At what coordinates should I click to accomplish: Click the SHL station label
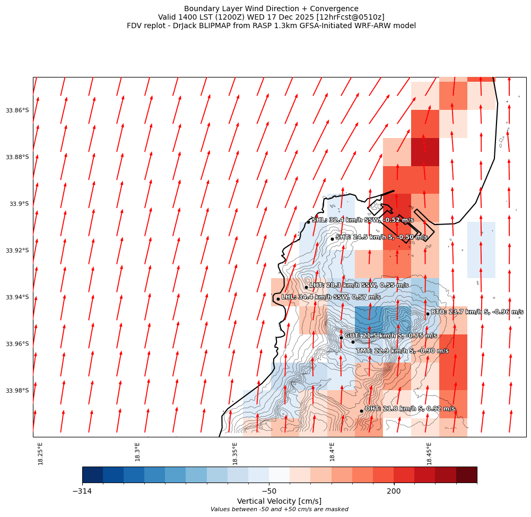click(x=362, y=220)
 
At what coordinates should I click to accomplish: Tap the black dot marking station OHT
click(x=361, y=411)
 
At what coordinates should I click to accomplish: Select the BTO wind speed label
click(x=477, y=312)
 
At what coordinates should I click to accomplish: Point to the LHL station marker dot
click(x=278, y=299)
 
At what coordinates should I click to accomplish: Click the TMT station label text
click(x=402, y=351)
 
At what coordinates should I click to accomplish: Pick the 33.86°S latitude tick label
click(x=18, y=110)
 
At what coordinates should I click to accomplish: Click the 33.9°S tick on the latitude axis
click(x=19, y=204)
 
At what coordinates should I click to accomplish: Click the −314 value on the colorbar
click(x=82, y=492)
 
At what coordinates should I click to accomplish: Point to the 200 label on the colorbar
click(x=394, y=492)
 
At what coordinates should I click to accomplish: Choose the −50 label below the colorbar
click(x=269, y=492)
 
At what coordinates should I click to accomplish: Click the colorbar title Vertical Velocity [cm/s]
click(x=279, y=501)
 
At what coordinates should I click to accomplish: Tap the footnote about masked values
click(x=279, y=510)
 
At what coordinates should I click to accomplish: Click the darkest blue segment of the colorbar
click(x=92, y=475)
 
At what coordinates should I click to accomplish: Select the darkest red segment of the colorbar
click(x=466, y=475)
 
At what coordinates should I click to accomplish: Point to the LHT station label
click(x=359, y=285)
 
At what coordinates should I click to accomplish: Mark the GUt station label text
click(x=391, y=335)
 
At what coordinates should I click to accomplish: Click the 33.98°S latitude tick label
click(x=18, y=391)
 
